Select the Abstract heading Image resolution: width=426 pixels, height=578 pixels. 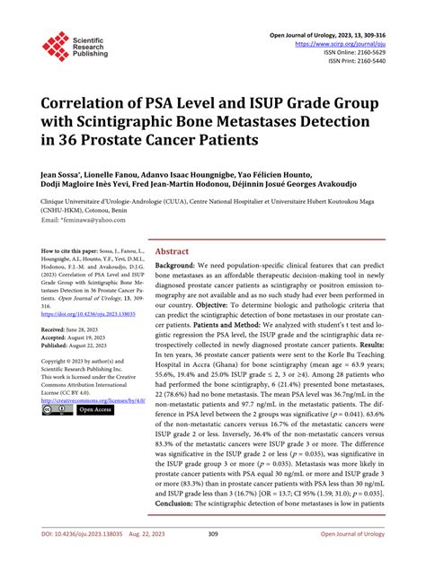(x=173, y=252)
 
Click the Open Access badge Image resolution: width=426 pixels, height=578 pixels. (x=93, y=409)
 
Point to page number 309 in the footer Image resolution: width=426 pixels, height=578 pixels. (x=213, y=560)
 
